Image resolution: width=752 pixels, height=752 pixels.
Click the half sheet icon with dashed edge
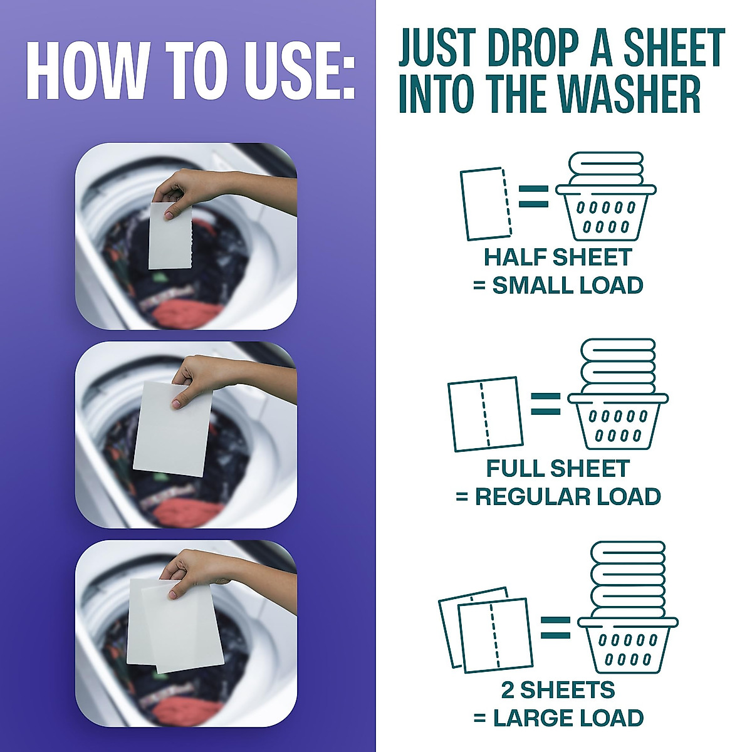coord(485,203)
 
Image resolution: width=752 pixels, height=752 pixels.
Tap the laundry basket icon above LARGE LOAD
coord(627,605)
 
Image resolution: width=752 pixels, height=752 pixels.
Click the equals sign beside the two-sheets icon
coord(555,628)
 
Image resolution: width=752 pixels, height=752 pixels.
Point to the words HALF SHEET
coord(558,258)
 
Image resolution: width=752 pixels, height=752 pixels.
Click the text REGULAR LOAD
coord(568,497)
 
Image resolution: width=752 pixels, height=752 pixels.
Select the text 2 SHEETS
coord(558,690)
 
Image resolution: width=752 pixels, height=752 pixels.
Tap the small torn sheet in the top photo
coord(170,236)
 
